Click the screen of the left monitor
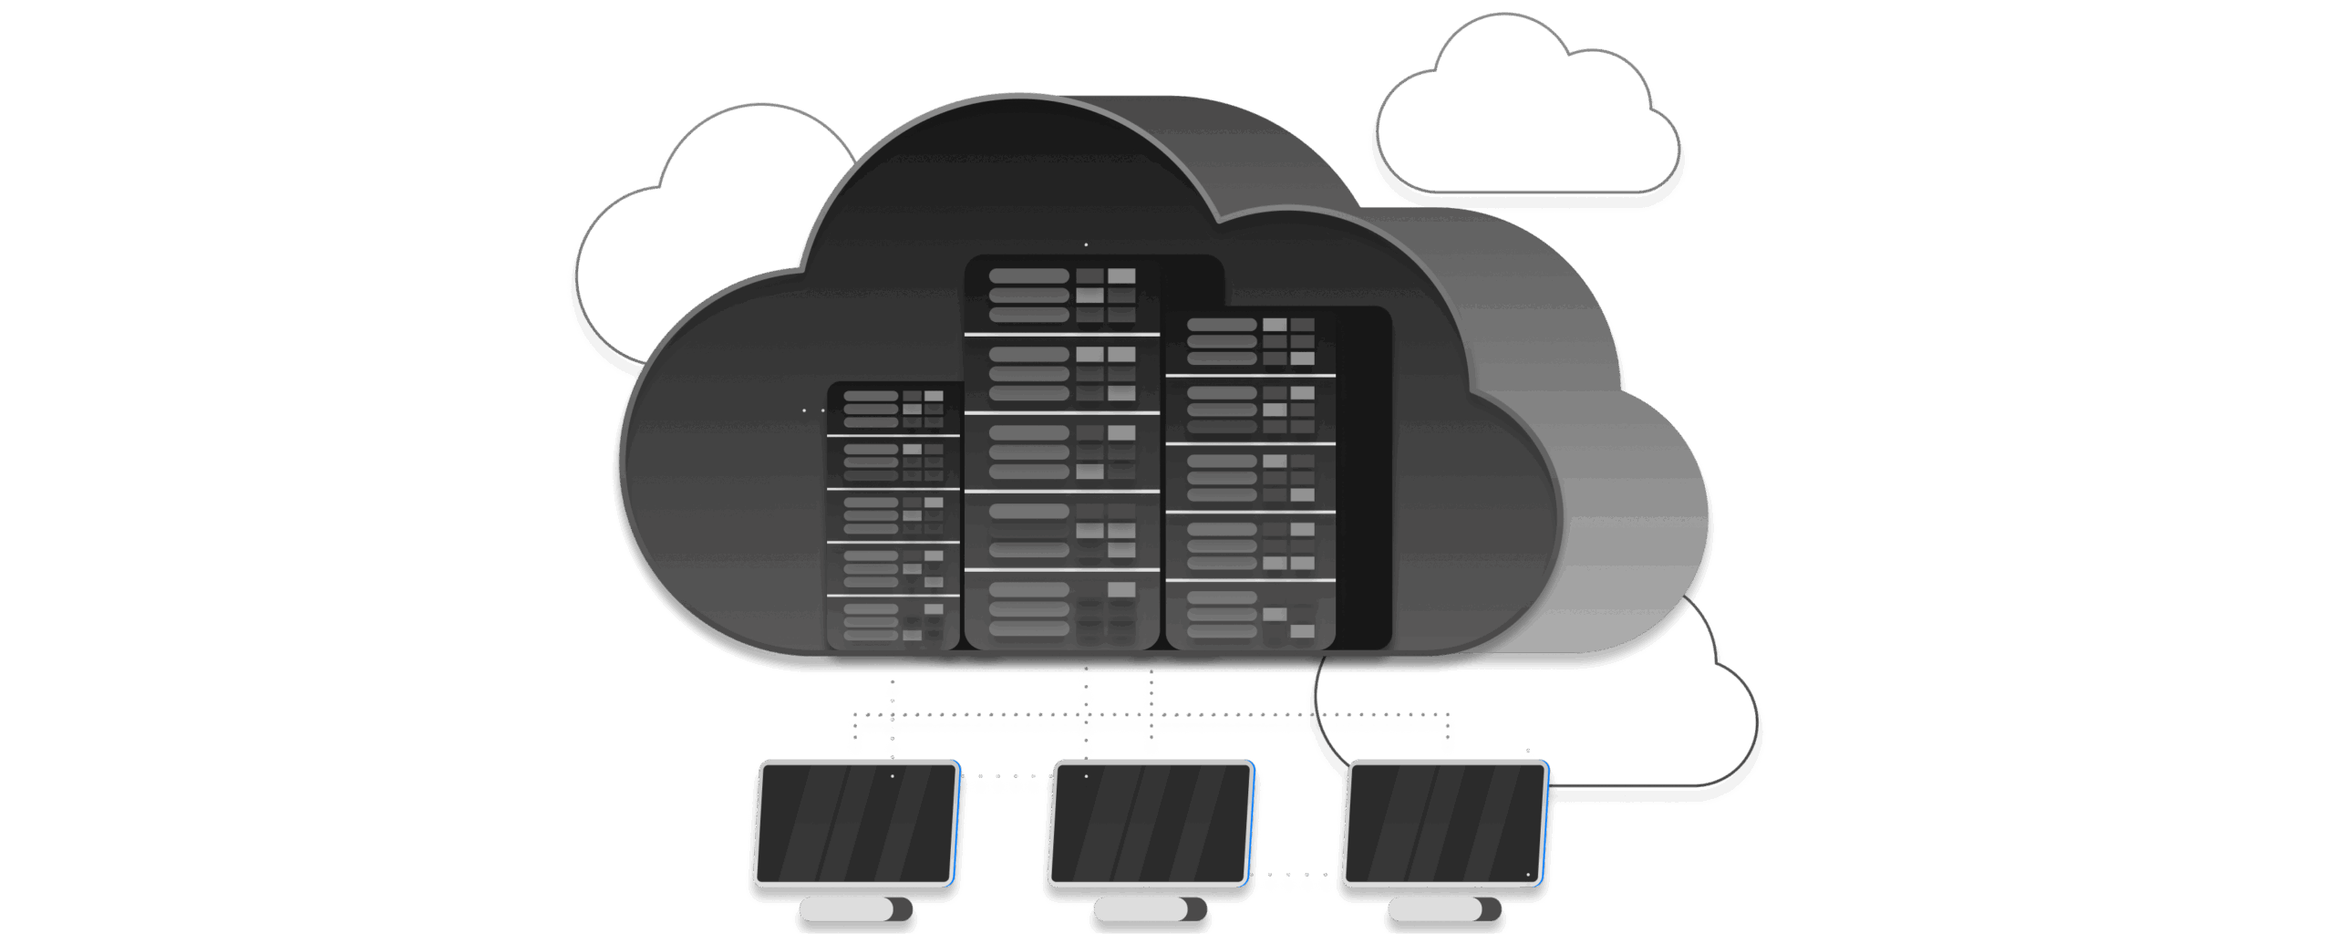pyautogui.click(x=856, y=825)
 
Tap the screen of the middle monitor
pyautogui.click(x=1151, y=825)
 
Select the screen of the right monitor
pyautogui.click(x=1446, y=825)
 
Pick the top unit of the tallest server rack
pyautogui.click(x=1062, y=296)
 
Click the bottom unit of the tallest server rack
pyautogui.click(x=1062, y=609)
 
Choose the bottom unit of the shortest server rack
pyautogui.click(x=893, y=622)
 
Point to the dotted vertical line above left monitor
pyautogui.click(x=893, y=721)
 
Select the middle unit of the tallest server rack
pyautogui.click(x=1062, y=452)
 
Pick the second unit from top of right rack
pyautogui.click(x=1250, y=410)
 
